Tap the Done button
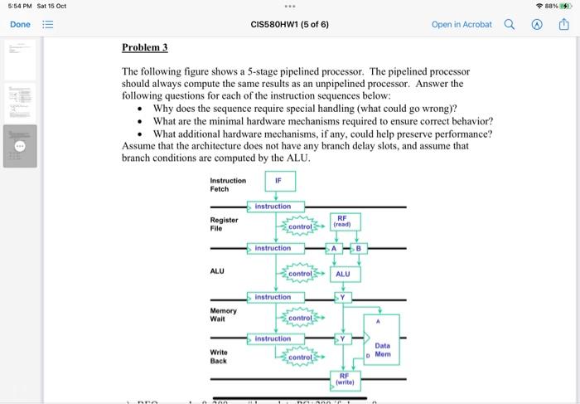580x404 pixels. coord(19,24)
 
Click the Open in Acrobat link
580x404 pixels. coord(461,24)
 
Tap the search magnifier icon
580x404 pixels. coord(509,24)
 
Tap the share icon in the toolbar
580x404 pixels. coord(564,24)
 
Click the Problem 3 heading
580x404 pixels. coord(145,47)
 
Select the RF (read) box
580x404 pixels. coord(342,221)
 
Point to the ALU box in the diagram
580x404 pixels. coord(343,274)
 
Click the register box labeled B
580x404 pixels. coord(360,248)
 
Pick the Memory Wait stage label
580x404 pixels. coord(223,314)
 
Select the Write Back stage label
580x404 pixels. coord(219,356)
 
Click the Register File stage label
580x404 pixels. coord(224,224)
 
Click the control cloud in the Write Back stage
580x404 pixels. coord(299,358)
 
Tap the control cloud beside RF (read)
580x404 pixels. coord(299,226)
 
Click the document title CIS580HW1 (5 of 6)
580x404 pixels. coord(289,24)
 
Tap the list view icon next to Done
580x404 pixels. coord(49,24)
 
